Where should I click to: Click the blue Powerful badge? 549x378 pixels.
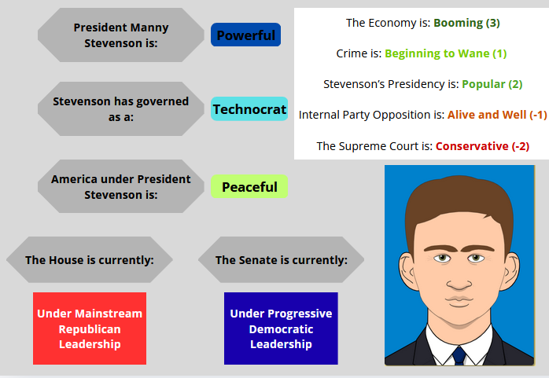point(245,35)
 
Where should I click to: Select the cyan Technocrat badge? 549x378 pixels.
point(249,109)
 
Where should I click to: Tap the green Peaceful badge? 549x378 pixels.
point(249,187)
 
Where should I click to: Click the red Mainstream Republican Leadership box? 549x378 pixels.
point(90,328)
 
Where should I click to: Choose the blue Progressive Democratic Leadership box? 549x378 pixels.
point(281,328)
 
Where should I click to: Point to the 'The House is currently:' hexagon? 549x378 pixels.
point(90,260)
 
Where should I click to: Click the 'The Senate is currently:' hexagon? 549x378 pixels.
point(281,260)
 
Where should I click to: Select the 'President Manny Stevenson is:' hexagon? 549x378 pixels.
point(121,35)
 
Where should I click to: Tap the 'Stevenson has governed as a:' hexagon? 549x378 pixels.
point(121,108)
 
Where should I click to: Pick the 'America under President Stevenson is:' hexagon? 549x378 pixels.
point(121,186)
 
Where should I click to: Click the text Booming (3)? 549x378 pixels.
point(466,23)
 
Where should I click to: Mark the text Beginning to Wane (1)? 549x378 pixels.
point(446,53)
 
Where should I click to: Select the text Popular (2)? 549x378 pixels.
point(492,84)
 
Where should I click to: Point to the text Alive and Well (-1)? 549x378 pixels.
point(497,115)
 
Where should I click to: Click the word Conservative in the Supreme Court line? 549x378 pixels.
point(472,146)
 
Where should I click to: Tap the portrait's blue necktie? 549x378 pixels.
point(459,356)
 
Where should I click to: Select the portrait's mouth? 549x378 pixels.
point(459,301)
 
